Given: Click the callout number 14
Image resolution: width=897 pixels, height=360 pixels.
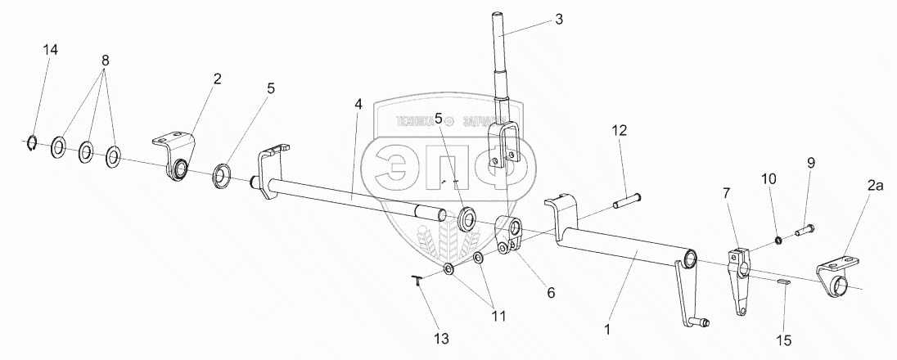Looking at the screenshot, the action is pos(51,51).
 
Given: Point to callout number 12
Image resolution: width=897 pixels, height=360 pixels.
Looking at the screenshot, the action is pos(620,130).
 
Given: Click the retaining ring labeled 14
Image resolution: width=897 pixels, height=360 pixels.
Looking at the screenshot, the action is pos(30,144).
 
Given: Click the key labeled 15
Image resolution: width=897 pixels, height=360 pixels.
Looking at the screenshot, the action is pos(783,281).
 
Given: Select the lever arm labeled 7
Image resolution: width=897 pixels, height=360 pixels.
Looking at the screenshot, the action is pos(740,278).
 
